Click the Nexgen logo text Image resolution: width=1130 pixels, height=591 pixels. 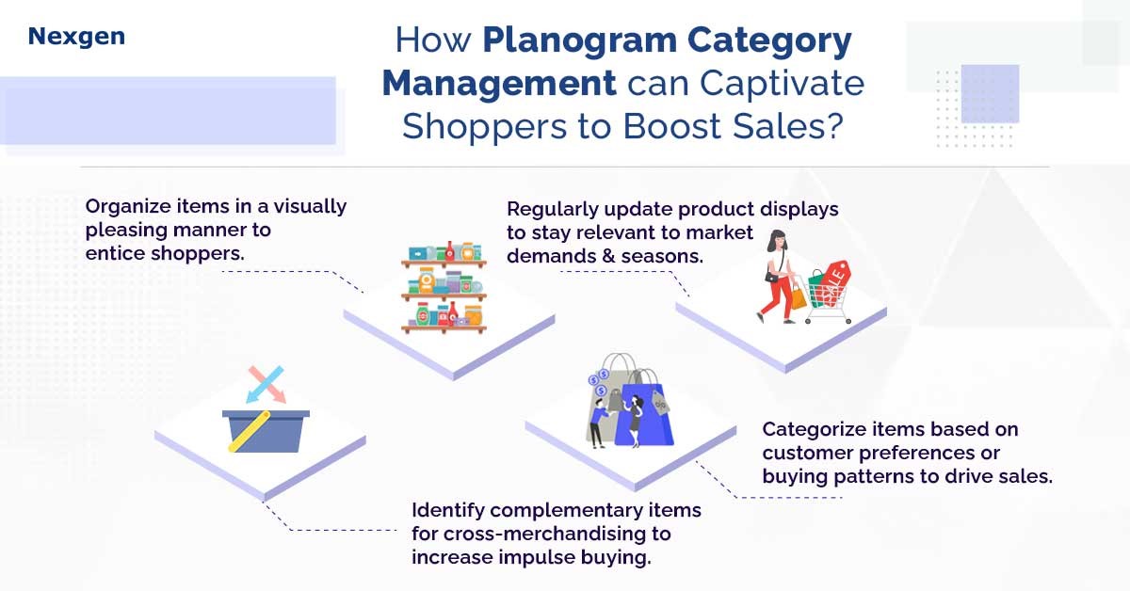pos(76,37)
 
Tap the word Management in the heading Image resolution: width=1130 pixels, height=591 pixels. pos(499,83)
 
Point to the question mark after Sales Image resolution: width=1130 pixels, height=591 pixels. pos(834,125)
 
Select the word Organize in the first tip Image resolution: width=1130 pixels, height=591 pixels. pos(129,207)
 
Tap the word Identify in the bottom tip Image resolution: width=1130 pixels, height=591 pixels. pos(448,510)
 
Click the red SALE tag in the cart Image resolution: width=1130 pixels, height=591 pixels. pos(834,282)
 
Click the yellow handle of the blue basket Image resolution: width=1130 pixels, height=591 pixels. pos(250,431)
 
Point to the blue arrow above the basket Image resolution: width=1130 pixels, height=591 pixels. pos(265,385)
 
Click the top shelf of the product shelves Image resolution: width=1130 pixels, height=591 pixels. pos(444,263)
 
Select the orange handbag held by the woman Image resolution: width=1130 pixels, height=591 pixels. pos(799,297)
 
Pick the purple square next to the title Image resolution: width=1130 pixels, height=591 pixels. pos(990,94)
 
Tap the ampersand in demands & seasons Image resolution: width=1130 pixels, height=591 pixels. pos(608,256)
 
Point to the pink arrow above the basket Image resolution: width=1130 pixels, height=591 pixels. pos(267,385)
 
